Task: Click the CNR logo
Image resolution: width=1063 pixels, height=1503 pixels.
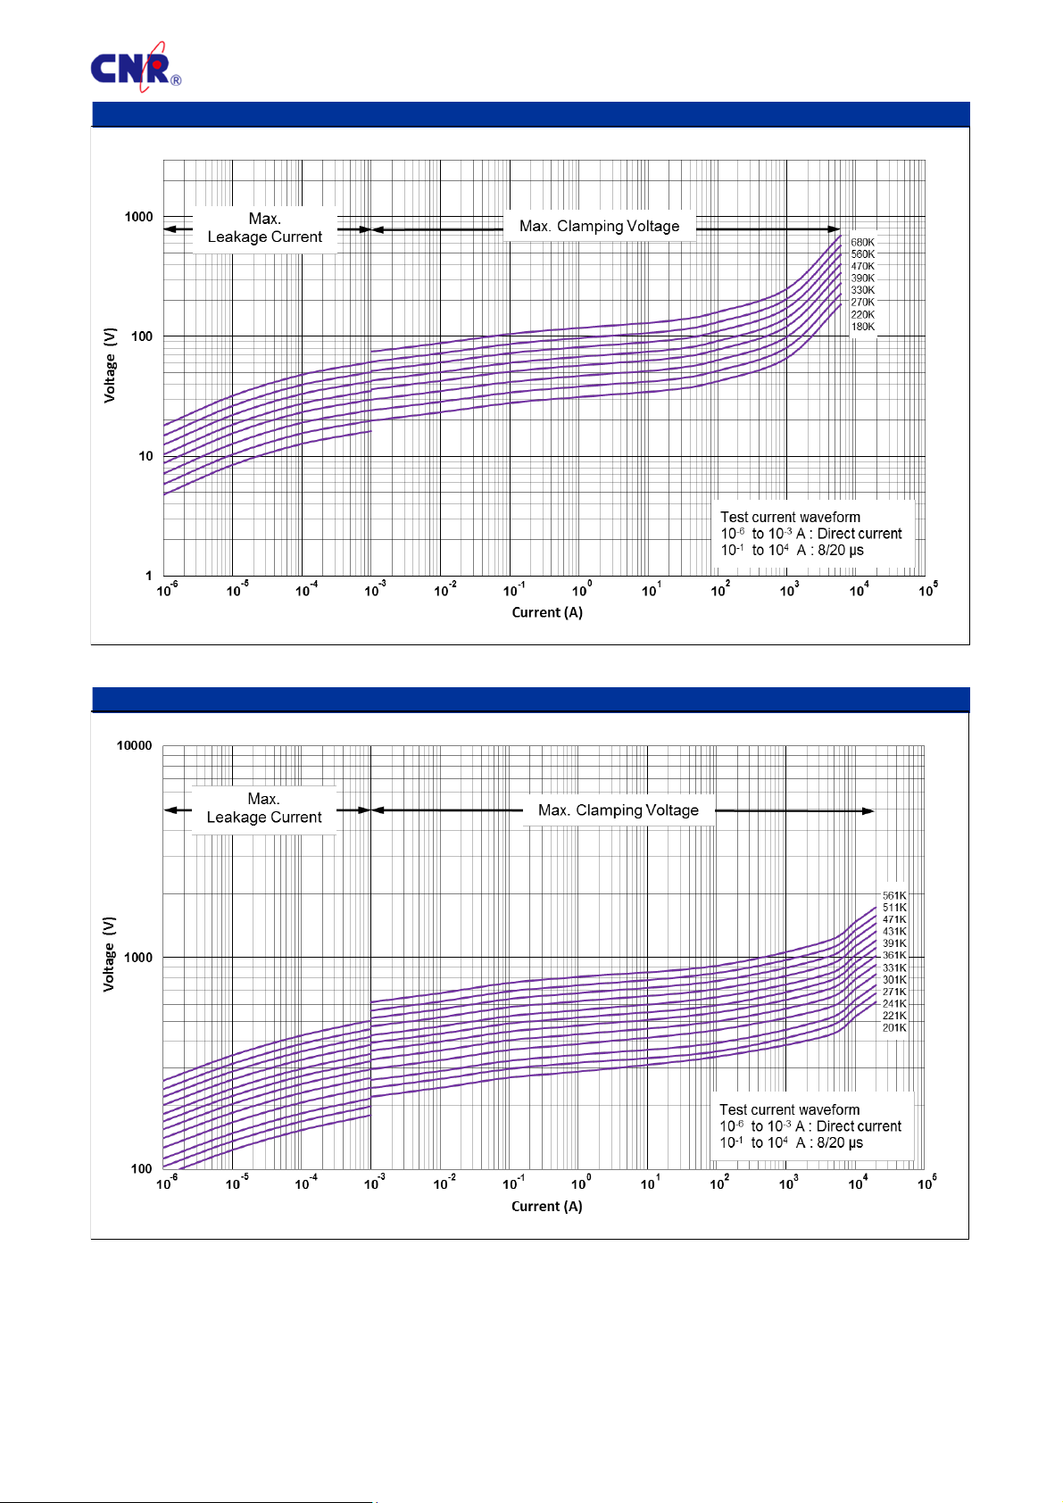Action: point(135,67)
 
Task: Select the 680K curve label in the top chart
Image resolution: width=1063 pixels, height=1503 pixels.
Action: point(862,243)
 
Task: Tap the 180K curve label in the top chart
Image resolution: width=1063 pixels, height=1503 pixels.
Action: point(862,327)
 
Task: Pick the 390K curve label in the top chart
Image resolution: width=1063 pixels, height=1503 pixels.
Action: point(862,278)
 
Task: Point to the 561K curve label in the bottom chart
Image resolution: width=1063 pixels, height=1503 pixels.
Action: point(894,896)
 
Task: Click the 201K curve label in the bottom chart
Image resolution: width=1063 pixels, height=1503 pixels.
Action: point(894,1028)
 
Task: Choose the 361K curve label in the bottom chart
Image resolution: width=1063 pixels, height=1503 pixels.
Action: point(894,956)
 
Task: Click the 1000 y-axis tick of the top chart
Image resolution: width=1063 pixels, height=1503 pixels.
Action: point(138,217)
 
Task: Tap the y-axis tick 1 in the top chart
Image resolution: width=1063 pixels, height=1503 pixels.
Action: point(149,576)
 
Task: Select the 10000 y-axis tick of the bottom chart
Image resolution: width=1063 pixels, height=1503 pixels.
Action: point(135,746)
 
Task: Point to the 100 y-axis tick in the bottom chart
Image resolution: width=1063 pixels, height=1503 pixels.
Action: point(141,1169)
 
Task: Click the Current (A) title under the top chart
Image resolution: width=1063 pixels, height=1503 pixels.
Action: point(547,612)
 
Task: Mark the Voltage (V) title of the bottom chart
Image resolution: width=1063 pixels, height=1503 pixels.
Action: point(109,953)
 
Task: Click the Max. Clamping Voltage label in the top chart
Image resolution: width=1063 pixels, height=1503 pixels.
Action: point(599,227)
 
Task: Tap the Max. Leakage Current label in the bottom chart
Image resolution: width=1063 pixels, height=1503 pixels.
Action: point(263,809)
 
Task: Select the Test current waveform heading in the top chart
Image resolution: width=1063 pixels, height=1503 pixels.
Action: point(790,518)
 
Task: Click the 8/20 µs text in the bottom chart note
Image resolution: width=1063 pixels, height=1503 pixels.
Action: point(840,1143)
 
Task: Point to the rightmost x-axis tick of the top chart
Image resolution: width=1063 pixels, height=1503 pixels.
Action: point(927,591)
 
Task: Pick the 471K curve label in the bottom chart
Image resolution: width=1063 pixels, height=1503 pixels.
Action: point(894,920)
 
